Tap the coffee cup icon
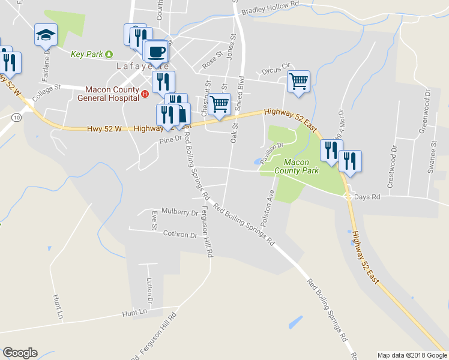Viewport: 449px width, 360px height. tap(156, 52)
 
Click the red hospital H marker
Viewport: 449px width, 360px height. tap(145, 92)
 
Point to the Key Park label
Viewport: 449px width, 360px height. tap(86, 54)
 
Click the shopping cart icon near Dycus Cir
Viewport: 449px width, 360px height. tap(298, 80)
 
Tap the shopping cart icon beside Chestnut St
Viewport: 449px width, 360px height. tap(220, 103)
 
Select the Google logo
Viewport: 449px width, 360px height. tap(20, 353)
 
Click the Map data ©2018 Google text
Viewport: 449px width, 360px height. tap(412, 355)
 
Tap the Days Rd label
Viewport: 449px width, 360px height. tap(367, 197)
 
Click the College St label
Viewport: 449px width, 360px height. tap(47, 91)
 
